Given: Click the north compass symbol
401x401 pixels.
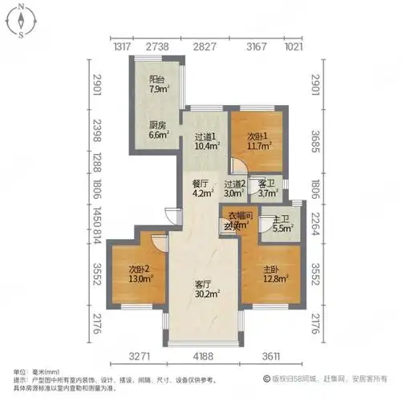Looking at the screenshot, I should tap(18, 20).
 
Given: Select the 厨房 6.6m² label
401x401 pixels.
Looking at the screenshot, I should tap(160, 129).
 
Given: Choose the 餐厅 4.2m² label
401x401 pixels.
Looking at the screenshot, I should tap(200, 187).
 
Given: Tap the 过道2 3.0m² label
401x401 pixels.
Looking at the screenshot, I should tap(234, 188).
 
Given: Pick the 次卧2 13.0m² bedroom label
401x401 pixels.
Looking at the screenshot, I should tap(140, 273).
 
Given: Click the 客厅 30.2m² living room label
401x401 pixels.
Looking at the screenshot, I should tap(207, 289).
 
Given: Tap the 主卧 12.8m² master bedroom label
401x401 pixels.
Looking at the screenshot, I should tap(274, 273).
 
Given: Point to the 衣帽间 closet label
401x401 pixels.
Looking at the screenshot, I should tap(239, 220).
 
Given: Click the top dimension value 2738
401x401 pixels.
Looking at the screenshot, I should tap(157, 47).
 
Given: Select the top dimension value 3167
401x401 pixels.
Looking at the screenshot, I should tap(257, 47).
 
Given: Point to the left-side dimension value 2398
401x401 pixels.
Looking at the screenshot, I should tap(95, 127).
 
